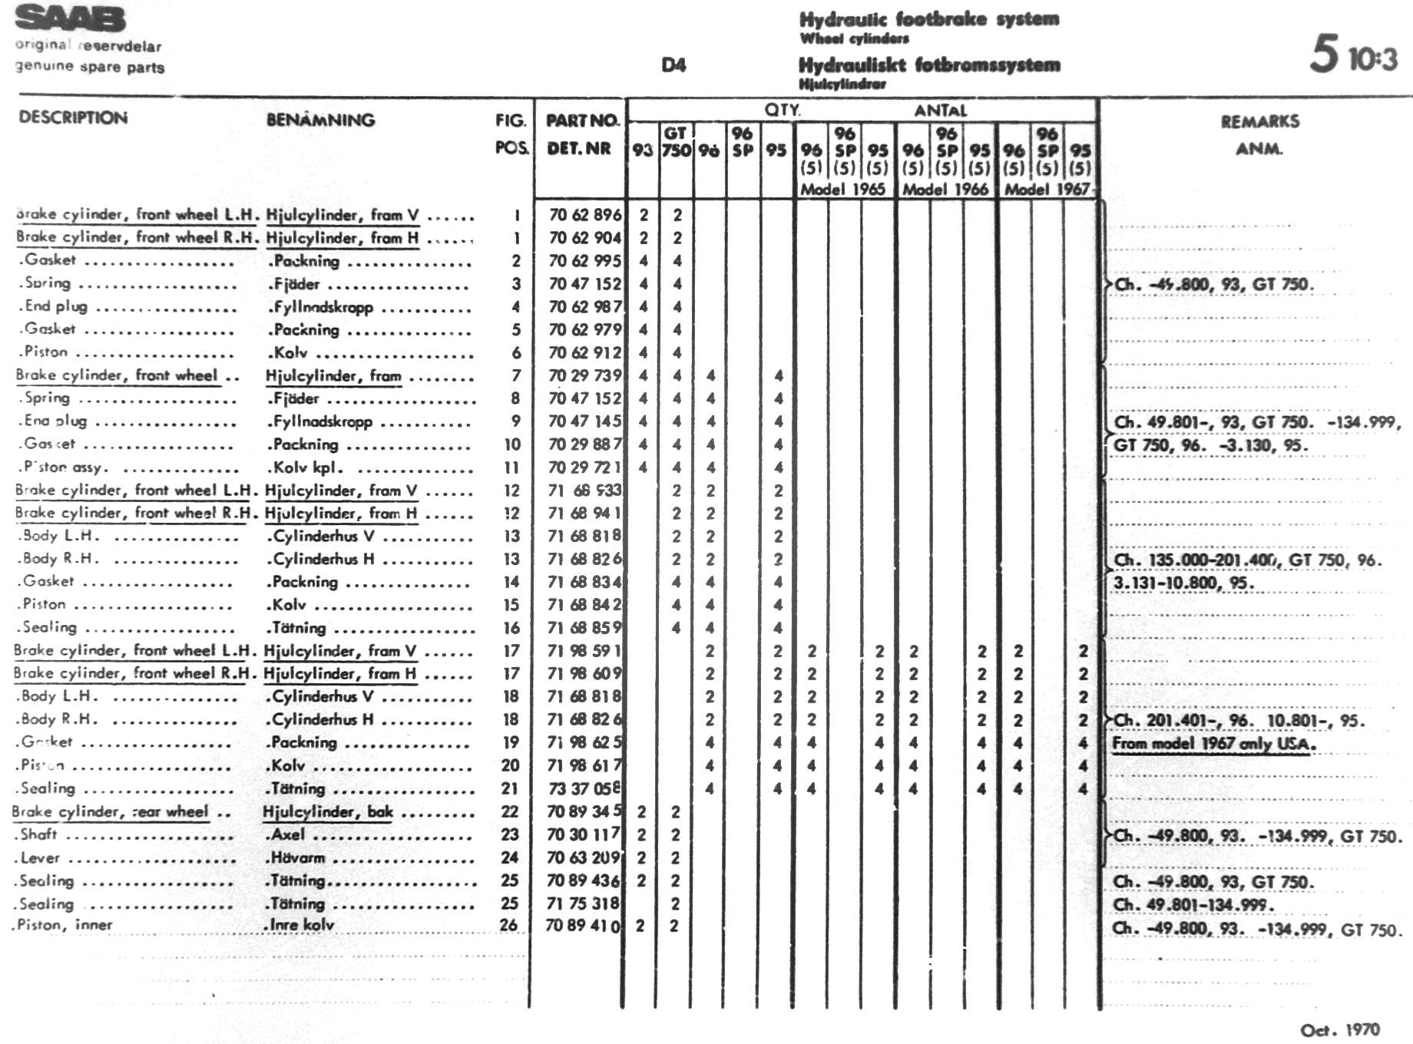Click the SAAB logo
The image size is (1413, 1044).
(x=70, y=18)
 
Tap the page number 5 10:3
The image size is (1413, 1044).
(x=1352, y=55)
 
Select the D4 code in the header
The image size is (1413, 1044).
(x=673, y=65)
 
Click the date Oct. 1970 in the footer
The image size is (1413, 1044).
(x=1339, y=1029)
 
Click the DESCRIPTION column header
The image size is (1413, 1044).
(x=73, y=118)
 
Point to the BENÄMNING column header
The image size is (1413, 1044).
(x=320, y=120)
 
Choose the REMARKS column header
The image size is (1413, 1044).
(x=1259, y=121)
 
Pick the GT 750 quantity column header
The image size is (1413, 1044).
(x=676, y=142)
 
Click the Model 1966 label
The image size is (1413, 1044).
(x=945, y=189)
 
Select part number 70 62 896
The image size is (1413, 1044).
(x=584, y=215)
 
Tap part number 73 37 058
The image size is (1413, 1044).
(x=583, y=788)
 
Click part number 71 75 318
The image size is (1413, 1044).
(x=582, y=904)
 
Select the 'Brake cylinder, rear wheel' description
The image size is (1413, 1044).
(x=111, y=811)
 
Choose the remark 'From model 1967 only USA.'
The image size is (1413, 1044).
(x=1214, y=743)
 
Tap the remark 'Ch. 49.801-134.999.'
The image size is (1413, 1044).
(x=1193, y=904)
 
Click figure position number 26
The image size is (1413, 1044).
(x=508, y=926)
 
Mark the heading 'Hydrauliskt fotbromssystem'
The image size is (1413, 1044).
(x=929, y=64)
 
